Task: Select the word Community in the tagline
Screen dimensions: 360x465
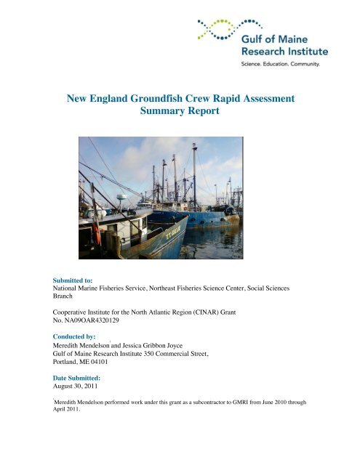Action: click(306, 65)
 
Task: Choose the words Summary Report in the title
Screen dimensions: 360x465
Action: click(180, 113)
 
